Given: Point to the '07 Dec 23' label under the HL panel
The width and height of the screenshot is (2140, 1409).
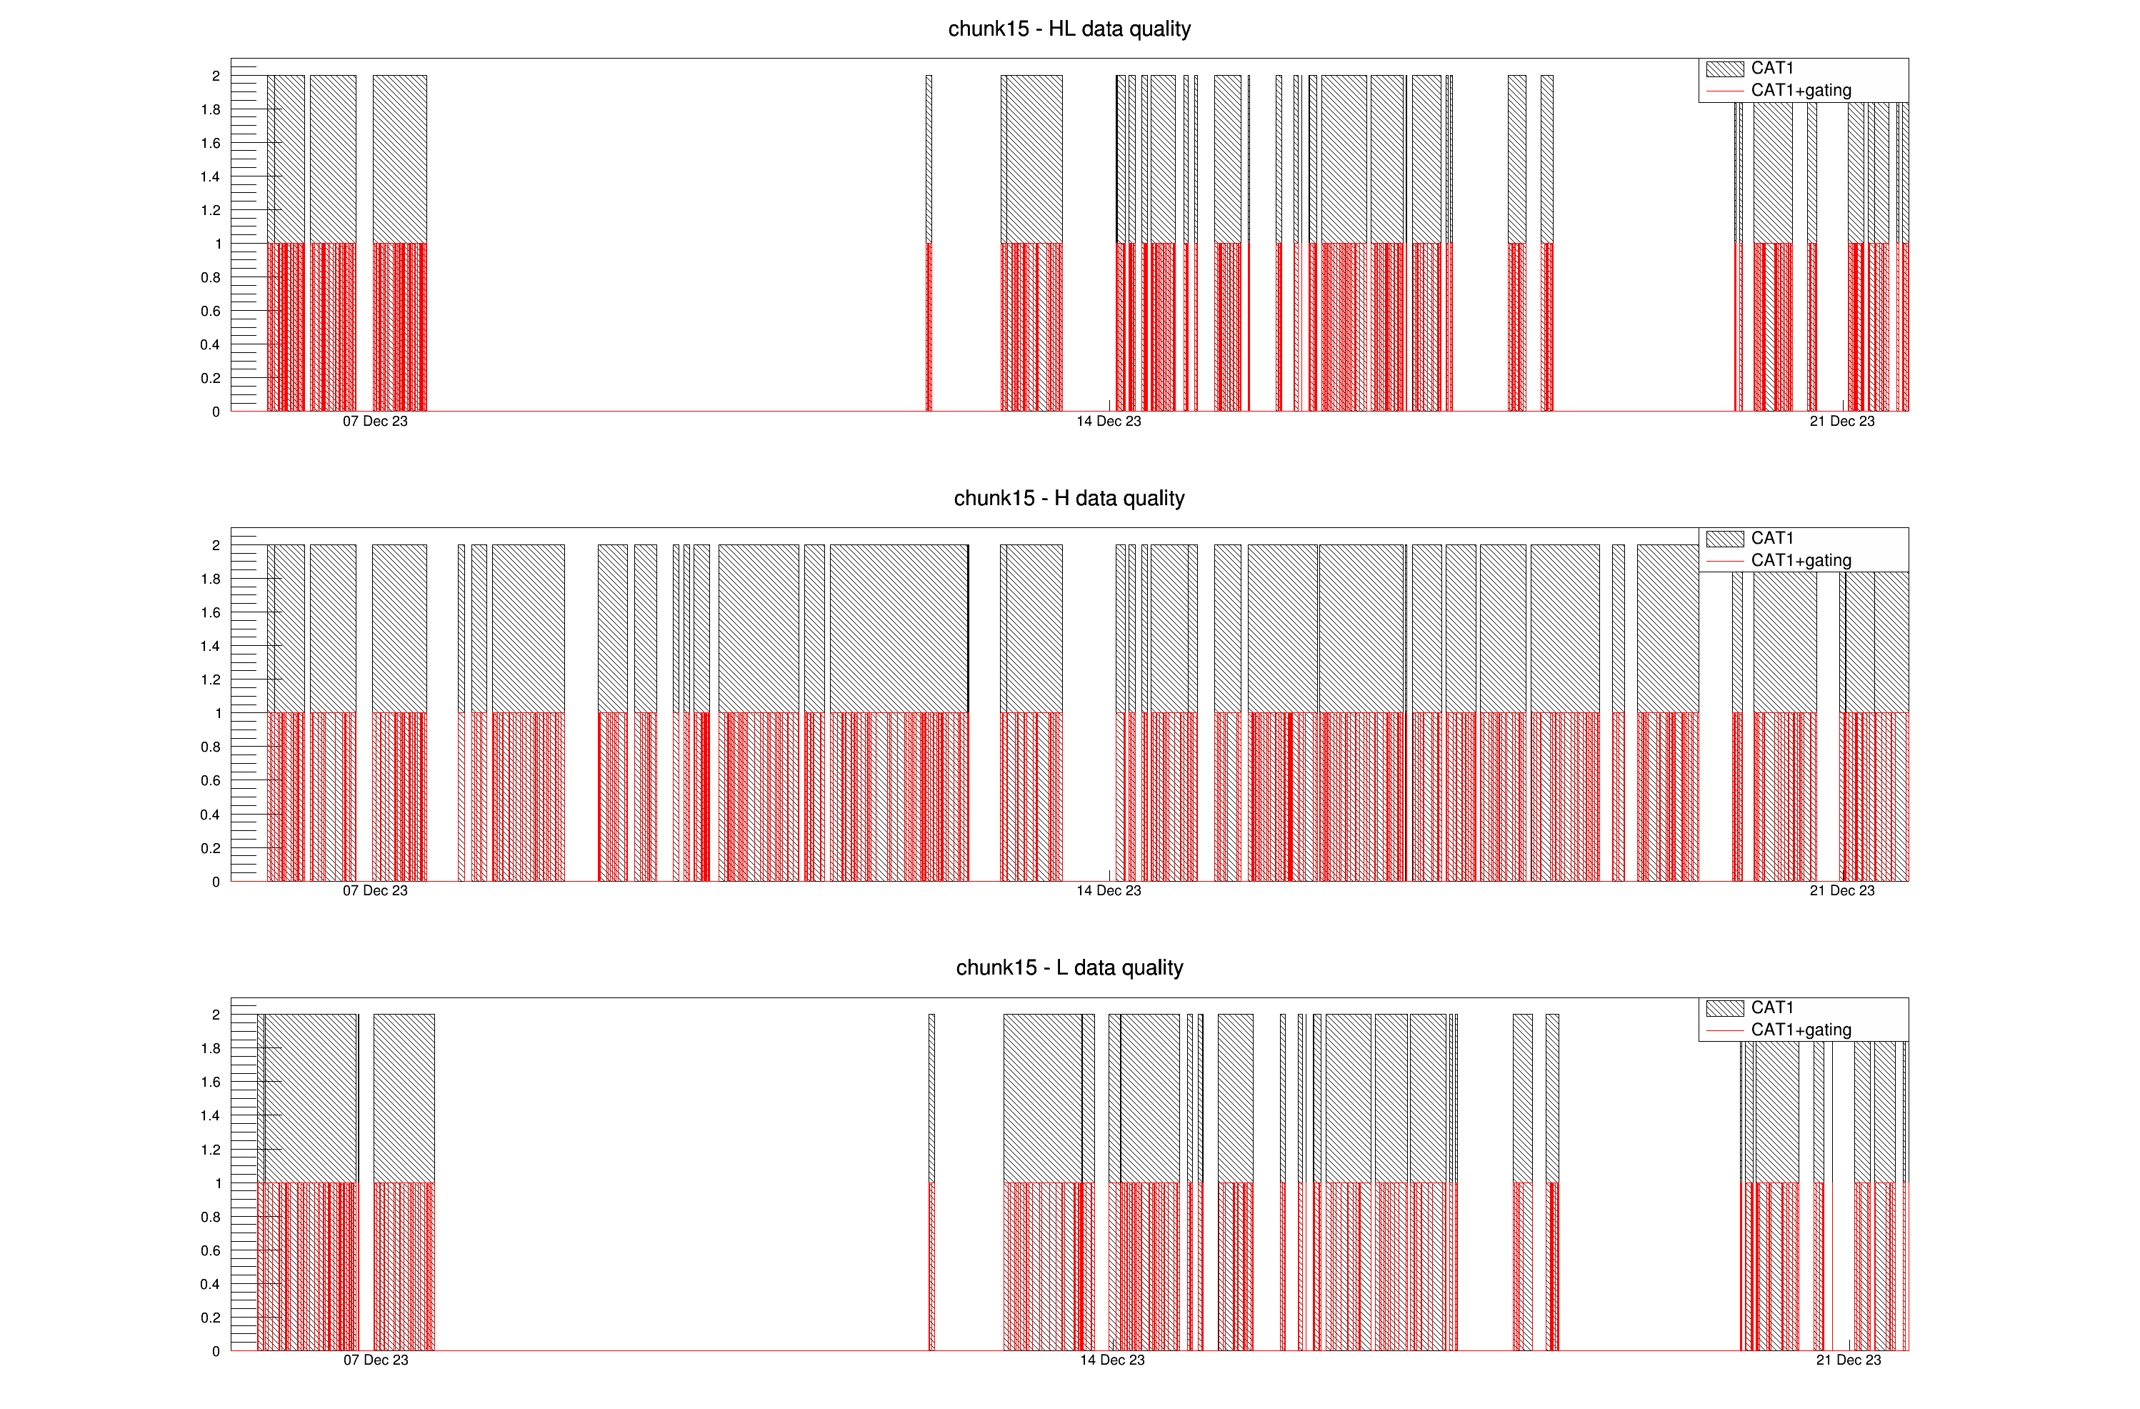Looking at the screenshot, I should point(375,422).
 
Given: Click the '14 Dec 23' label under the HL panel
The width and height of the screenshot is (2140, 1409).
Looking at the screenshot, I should point(1109,422).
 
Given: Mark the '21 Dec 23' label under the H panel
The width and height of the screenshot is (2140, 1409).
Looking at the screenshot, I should point(1841,891).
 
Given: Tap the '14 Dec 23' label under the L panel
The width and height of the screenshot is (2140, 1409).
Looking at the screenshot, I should point(1112,1360).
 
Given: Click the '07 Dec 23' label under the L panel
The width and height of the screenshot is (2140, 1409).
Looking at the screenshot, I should point(376,1360).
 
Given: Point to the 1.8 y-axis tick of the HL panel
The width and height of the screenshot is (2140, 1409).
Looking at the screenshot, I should point(211,110).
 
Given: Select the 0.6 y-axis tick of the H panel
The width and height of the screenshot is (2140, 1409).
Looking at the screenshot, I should point(211,780).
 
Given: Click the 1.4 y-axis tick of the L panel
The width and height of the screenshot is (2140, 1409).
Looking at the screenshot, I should point(211,1116).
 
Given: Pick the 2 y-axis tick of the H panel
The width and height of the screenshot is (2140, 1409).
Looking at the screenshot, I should point(216,545).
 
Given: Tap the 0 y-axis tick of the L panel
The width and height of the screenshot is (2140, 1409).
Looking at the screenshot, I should point(216,1351).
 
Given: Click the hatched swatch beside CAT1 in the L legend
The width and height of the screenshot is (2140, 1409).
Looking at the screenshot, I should point(1724,1008).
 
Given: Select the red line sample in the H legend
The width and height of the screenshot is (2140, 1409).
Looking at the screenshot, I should point(1724,561).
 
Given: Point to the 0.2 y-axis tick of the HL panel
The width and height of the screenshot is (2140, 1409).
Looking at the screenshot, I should point(211,379).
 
